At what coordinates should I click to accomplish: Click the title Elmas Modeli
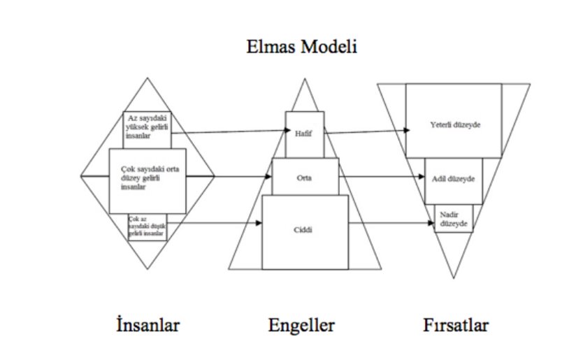pos(302,48)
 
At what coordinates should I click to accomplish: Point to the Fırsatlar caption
pos(455,325)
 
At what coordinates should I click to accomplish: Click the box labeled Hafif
pos(304,134)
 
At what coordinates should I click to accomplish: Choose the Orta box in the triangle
pos(305,176)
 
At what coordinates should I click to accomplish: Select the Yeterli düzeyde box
pos(453,120)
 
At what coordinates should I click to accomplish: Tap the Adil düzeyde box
pos(452,180)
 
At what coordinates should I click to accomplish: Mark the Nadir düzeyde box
pos(454,218)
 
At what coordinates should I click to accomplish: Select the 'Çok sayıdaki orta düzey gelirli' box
pos(147,180)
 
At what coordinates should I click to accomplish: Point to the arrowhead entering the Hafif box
pos(282,131)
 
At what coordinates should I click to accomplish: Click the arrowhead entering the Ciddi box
pos(258,223)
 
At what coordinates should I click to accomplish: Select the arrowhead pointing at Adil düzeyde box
pos(422,177)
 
